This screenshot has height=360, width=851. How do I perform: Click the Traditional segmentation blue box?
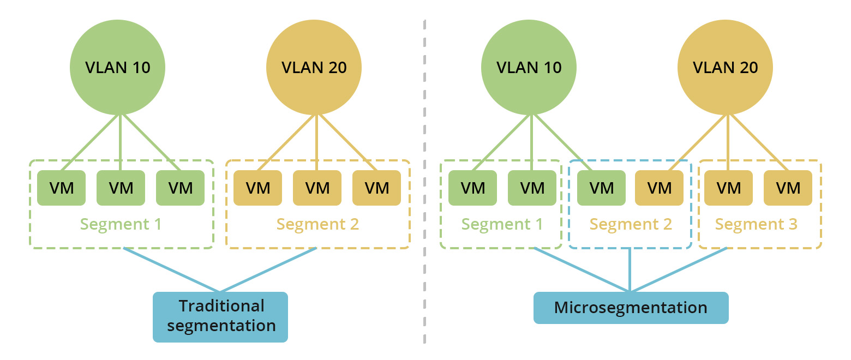pos(220,317)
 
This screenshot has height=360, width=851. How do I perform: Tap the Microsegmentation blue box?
pos(631,308)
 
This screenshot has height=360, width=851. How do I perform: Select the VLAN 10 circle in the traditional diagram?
pos(118,67)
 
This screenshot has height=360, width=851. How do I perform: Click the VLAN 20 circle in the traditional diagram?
pos(314,67)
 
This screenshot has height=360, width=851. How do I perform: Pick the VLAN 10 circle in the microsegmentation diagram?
pos(529,67)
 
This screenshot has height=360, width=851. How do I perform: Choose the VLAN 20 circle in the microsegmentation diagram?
pos(725,67)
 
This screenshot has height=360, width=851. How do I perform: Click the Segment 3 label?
pos(756,224)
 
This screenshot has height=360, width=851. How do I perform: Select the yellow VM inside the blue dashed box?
pos(659,188)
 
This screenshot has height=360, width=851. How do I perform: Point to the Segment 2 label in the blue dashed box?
pos(631,224)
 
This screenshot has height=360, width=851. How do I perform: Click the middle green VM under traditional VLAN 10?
pos(121,188)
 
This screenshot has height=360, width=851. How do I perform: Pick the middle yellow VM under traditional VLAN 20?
pos(317,188)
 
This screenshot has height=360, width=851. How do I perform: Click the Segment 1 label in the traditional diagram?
pos(121,224)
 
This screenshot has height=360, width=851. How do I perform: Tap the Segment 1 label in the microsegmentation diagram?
pos(502,224)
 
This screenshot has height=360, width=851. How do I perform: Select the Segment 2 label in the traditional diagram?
pos(317,224)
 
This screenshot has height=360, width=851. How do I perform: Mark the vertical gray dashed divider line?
pos(424,180)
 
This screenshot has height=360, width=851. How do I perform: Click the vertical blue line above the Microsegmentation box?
pos(630,270)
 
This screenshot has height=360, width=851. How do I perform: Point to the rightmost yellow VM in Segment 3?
pos(788,188)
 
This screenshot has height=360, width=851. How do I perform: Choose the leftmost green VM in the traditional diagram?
pos(61,188)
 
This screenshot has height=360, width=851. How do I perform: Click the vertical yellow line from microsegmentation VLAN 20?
pos(728,142)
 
